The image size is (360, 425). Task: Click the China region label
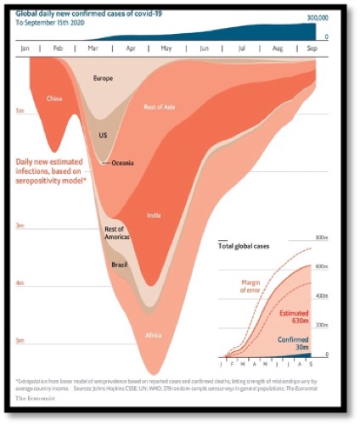tap(55, 99)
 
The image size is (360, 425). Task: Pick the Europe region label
tap(104, 78)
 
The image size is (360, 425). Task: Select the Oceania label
tap(128, 163)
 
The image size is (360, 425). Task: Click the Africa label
tap(153, 335)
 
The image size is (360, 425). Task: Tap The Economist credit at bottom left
tap(32, 397)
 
